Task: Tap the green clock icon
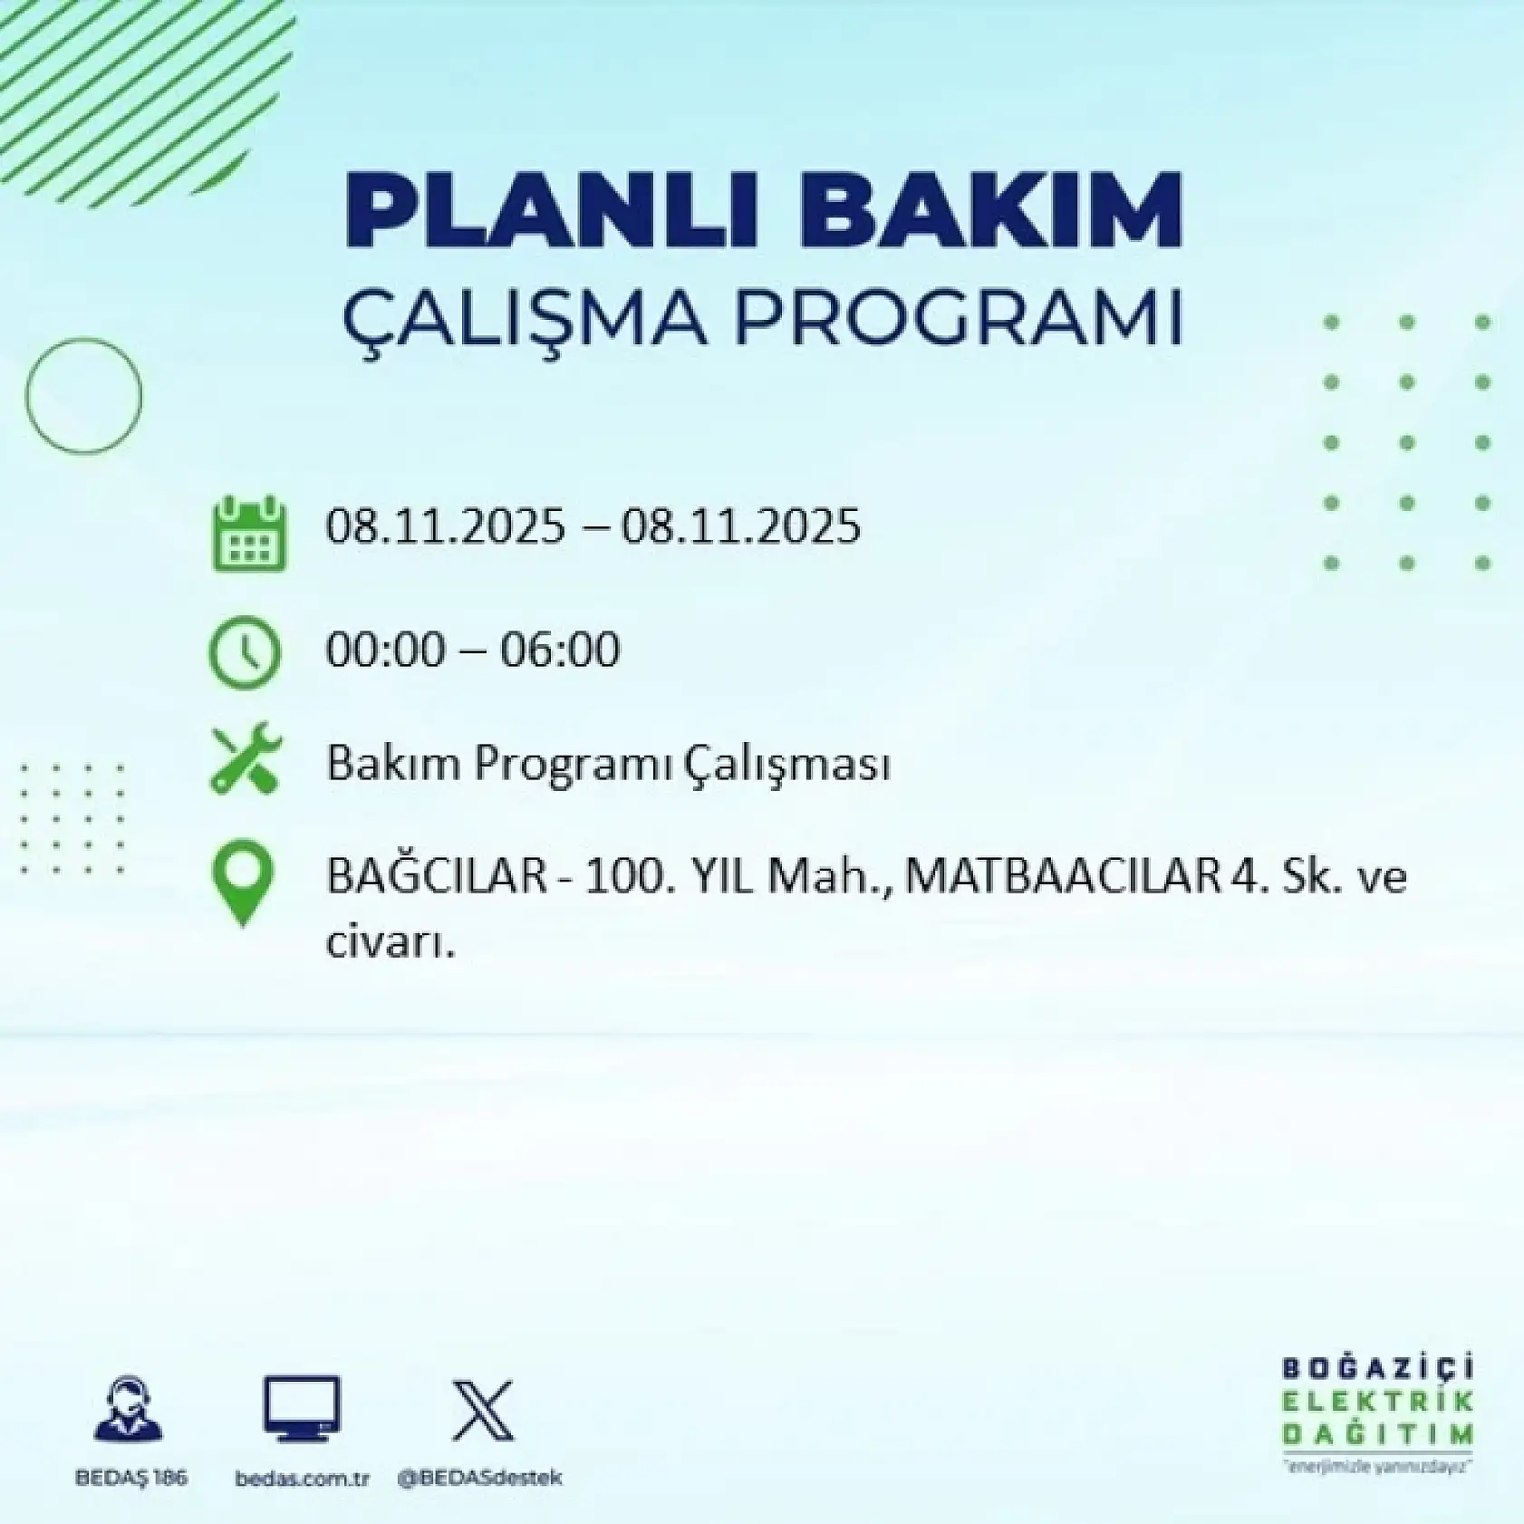245,651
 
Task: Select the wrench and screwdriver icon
246,759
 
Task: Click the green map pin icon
243,883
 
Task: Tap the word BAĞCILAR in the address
436,877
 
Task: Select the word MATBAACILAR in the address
1062,877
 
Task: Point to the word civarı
389,943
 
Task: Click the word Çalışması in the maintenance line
786,764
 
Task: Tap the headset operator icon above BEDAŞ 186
129,1408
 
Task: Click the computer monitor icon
302,1408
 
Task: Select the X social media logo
482,1410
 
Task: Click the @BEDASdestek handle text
479,1477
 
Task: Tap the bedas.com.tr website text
302,1478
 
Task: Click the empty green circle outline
83,395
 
